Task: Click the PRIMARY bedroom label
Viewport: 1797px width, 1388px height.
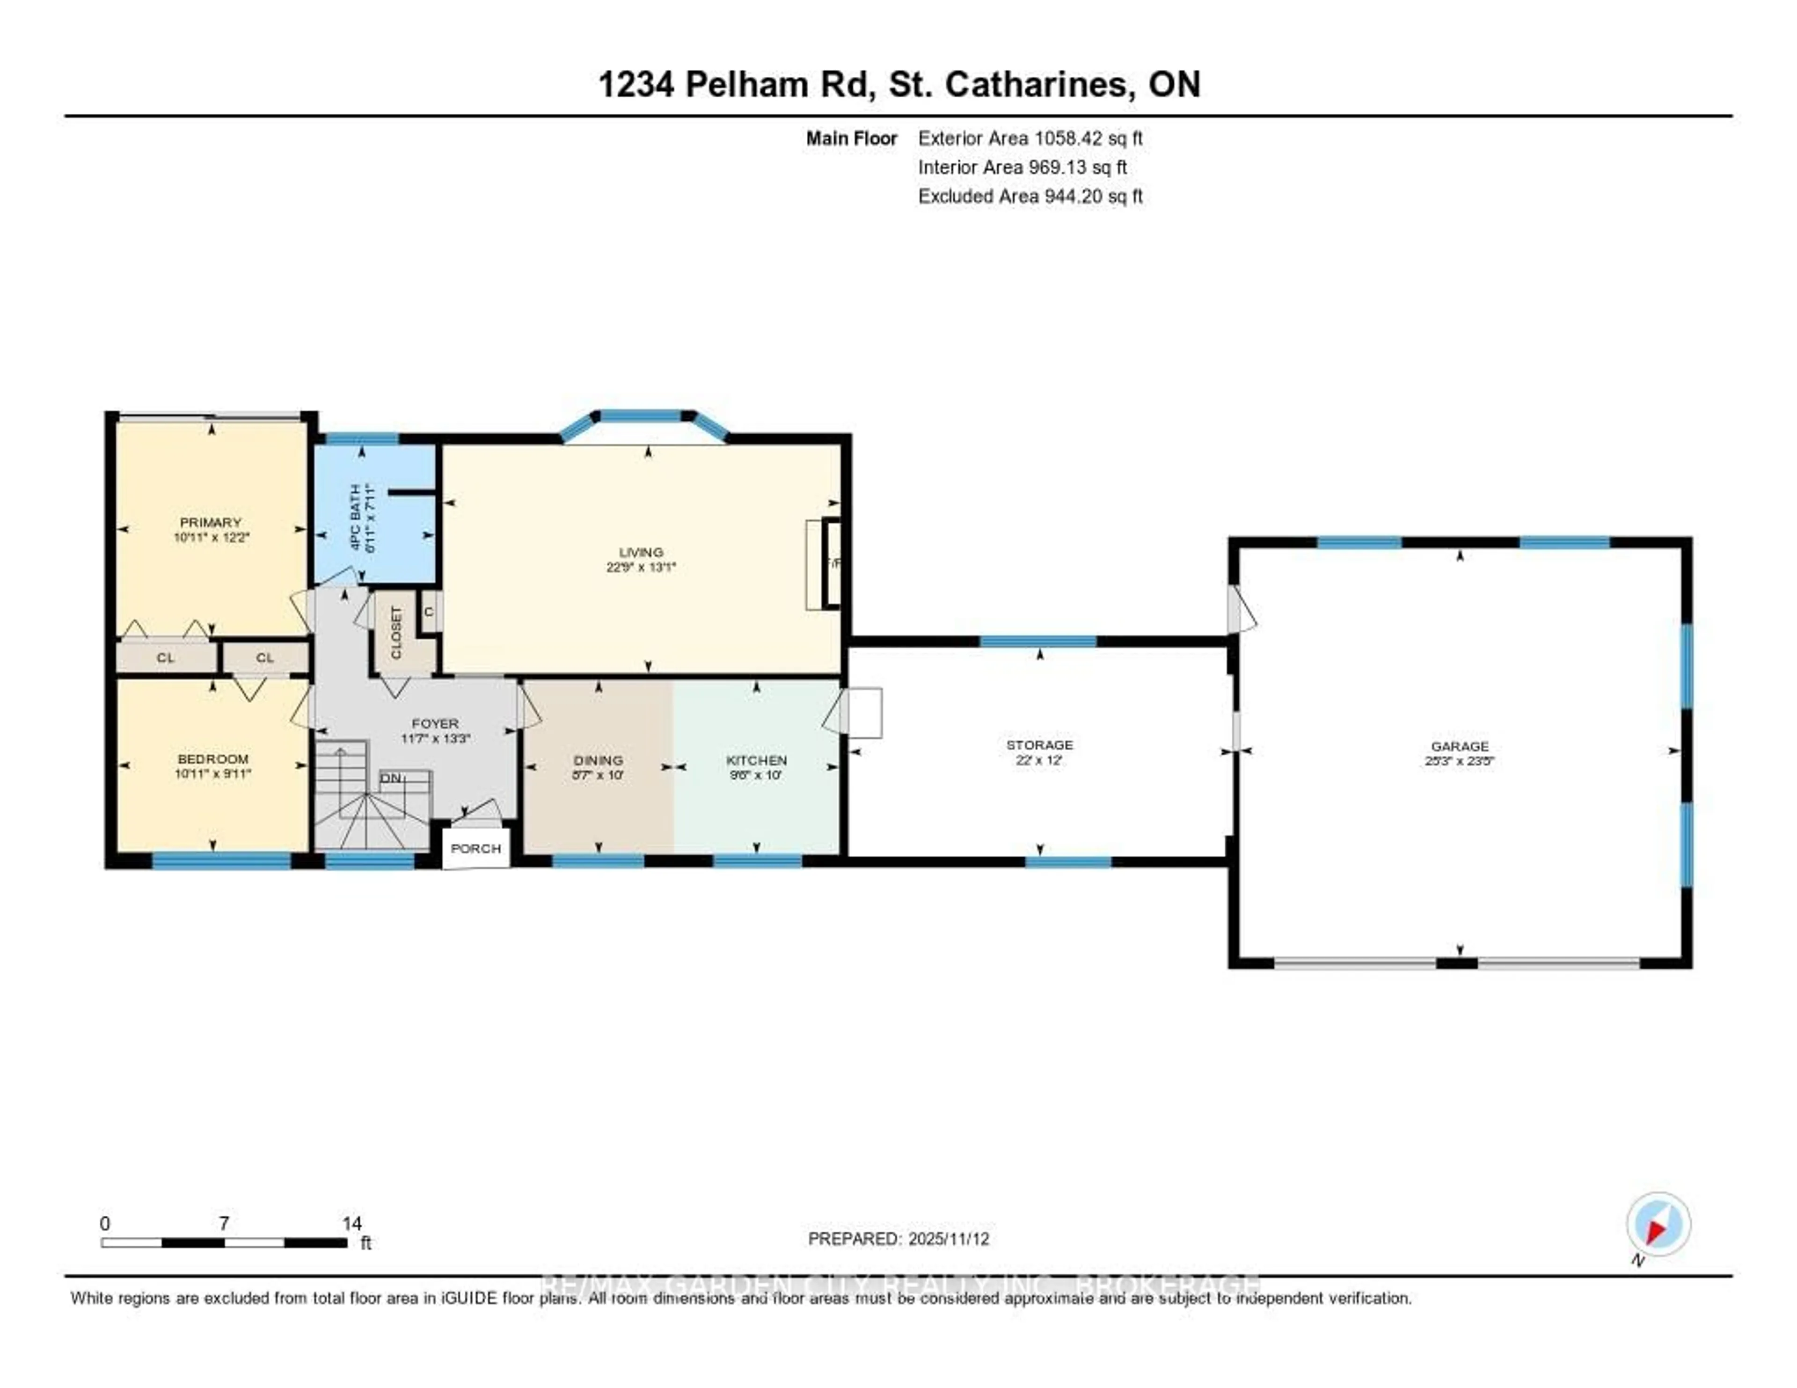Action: coord(211,522)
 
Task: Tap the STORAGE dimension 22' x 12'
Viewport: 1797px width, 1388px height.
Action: coord(1039,760)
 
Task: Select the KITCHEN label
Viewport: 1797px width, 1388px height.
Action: coord(756,760)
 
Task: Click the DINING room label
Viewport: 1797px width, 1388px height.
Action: coord(598,760)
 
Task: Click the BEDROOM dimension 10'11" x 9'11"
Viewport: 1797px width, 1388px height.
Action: coord(213,774)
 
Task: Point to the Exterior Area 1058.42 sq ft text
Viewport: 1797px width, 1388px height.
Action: coord(1030,138)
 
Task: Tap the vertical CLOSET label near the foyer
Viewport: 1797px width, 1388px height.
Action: coord(396,633)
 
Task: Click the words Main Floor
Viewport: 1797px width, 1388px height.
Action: coord(851,138)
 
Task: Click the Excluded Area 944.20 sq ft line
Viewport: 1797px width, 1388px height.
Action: coord(1030,196)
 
